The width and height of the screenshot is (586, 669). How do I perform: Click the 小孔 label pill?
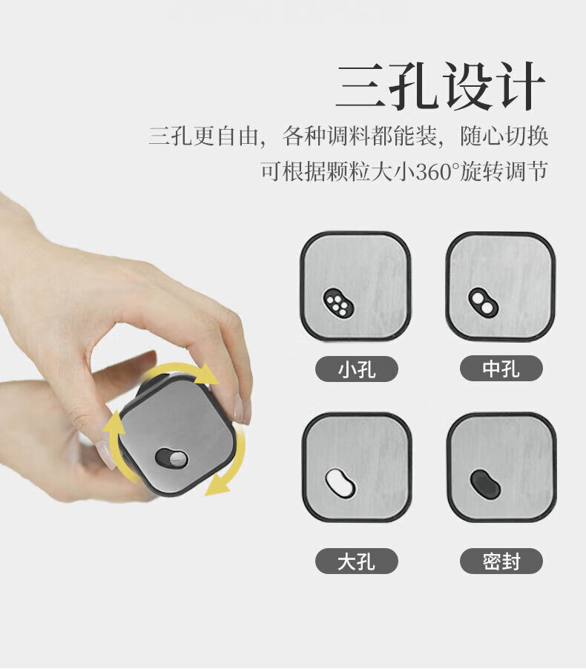(x=356, y=369)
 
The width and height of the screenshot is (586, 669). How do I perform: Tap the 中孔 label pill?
(x=501, y=368)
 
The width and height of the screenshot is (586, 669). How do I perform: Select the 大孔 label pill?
(x=356, y=561)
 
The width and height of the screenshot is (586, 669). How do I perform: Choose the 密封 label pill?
(x=501, y=561)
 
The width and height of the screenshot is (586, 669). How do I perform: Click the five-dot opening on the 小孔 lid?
(x=338, y=303)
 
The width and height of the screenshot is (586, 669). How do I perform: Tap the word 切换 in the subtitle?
(x=526, y=136)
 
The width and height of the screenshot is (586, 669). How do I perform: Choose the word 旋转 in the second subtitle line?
(x=482, y=171)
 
